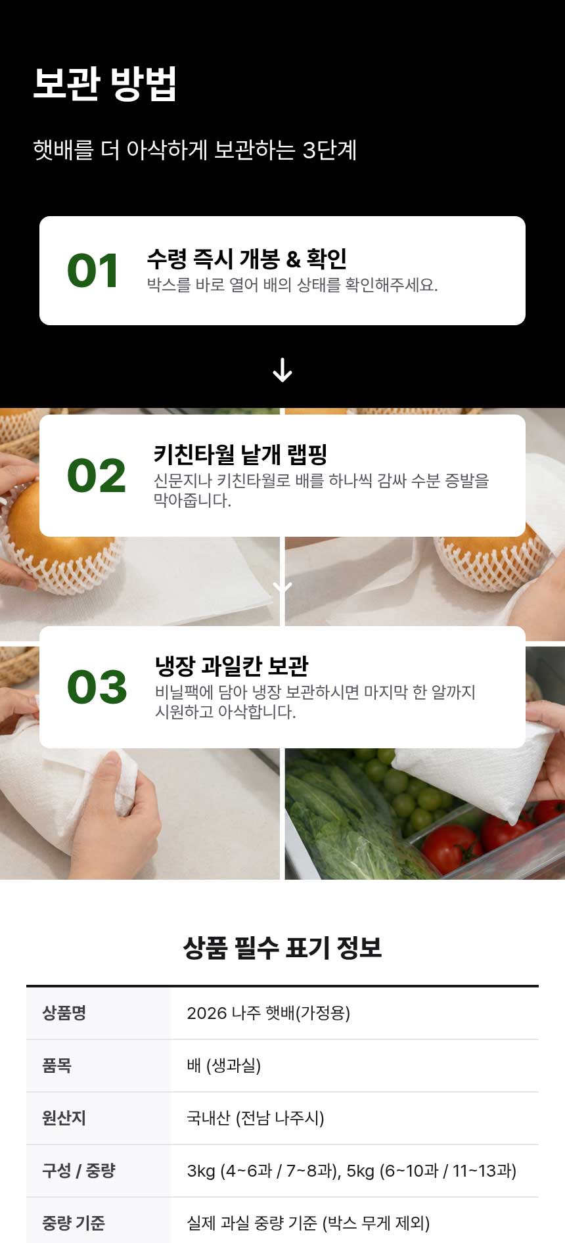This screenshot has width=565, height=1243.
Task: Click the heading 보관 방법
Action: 105,83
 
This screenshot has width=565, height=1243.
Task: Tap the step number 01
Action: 93,271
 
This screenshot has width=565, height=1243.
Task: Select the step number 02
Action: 97,476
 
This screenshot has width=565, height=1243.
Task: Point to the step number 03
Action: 97,687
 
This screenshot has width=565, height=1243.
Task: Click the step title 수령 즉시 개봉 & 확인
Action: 247,258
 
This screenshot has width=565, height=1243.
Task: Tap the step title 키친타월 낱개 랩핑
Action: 240,454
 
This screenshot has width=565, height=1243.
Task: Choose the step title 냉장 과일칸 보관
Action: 232,666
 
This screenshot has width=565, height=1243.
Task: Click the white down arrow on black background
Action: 282,370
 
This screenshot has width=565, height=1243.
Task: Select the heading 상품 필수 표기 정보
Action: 282,947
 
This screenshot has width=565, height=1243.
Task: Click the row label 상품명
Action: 64,1012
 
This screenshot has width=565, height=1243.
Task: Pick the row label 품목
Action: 57,1065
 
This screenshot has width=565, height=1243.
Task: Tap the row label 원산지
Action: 64,1118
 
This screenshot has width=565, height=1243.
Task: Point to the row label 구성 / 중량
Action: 79,1170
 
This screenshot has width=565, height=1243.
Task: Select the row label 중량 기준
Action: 74,1223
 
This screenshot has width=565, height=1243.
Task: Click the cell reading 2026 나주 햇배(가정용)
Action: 269,1012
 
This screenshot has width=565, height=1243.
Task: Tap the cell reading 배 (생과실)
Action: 224,1065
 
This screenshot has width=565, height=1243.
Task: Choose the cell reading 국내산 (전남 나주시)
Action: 256,1118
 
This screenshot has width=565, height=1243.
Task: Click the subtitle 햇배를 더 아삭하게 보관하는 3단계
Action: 195,150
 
